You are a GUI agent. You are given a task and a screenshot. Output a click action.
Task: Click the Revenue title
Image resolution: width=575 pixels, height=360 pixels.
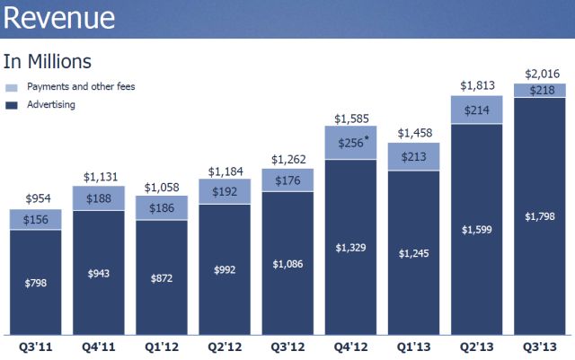58,20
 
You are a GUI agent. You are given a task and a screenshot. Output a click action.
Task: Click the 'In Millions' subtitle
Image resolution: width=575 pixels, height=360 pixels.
47,61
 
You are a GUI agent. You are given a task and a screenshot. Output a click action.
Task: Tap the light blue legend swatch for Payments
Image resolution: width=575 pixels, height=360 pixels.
11,87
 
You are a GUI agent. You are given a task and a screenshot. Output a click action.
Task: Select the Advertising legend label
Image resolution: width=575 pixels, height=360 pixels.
50,105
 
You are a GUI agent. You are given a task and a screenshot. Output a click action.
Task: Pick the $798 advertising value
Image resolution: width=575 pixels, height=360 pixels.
36,284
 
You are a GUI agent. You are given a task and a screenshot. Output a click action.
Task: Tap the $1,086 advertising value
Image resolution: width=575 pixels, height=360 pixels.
287,265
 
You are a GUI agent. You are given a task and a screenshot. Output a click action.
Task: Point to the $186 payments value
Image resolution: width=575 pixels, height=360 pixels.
162,207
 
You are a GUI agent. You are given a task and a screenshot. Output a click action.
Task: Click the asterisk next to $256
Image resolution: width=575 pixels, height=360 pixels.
367,139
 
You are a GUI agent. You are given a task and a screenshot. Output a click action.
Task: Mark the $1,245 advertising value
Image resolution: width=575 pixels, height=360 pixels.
413,254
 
